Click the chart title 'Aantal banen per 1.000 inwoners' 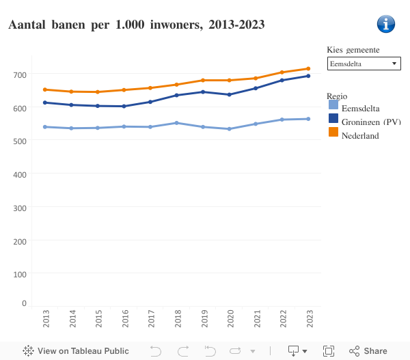coord(136,25)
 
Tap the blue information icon coord(386,24)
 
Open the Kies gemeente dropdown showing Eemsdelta coord(364,64)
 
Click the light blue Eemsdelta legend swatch coord(333,106)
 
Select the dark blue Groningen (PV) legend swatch coord(333,119)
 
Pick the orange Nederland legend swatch coord(333,132)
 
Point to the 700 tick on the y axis coord(19,74)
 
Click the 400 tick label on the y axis coord(19,174)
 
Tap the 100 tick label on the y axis coord(19,274)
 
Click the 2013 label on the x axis coord(45,319)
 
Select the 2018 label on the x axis coord(177,319)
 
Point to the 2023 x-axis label coord(309,319)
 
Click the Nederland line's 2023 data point coord(309,68)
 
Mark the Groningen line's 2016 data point coord(124,106)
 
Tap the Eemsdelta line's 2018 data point coord(177,123)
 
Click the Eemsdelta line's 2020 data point coord(230,129)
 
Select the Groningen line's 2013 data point coord(45,102)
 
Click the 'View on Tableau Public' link coord(75,351)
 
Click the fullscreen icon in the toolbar coord(329,351)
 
